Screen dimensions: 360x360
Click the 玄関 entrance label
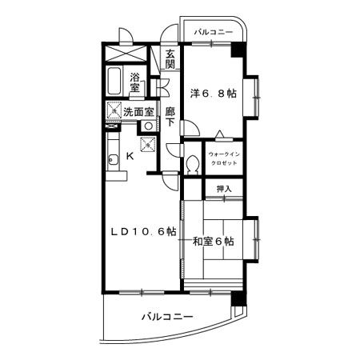tap(170, 60)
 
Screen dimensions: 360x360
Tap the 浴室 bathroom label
tap(135, 82)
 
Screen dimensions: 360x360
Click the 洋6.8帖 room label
tap(213, 92)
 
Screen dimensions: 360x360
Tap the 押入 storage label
tap(225, 189)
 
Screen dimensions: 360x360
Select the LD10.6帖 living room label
tap(142, 231)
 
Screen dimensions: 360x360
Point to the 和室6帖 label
tap(213, 241)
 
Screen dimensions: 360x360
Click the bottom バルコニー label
tap(167, 317)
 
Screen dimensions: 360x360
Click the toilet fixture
tap(193, 164)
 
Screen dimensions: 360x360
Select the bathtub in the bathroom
tap(114, 82)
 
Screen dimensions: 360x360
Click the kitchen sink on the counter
tap(112, 157)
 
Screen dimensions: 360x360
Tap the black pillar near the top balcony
tap(236, 48)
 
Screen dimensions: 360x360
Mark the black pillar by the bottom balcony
tap(236, 299)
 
